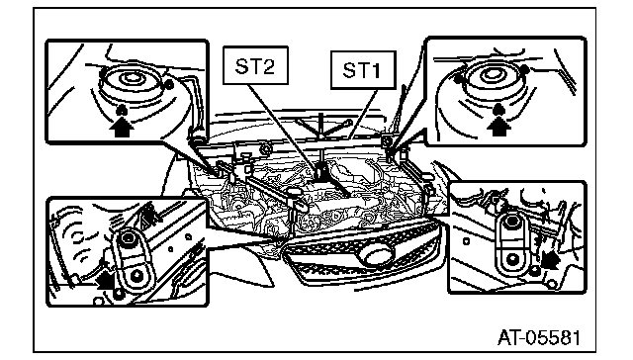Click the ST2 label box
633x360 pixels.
tap(255, 65)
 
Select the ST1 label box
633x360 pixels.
tap(363, 70)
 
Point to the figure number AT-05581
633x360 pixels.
tap(539, 337)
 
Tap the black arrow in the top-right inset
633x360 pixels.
tap(498, 126)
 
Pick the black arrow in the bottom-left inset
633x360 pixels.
tap(105, 279)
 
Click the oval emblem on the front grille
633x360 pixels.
tap(378, 255)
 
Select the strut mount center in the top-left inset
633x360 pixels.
tap(130, 77)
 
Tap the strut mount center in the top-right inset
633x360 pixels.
tap(492, 73)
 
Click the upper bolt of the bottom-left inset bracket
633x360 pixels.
tap(128, 238)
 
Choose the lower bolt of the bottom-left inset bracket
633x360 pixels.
tap(137, 275)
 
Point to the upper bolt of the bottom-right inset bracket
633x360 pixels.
tap(512, 222)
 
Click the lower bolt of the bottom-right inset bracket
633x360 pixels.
tap(512, 259)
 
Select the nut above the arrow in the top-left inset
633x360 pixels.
tap(122, 110)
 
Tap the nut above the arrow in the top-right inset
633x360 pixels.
tap(498, 108)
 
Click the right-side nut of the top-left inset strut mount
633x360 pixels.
tap(169, 85)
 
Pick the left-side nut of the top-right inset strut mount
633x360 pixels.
tap(458, 79)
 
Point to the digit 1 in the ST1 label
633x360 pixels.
tap(376, 71)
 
